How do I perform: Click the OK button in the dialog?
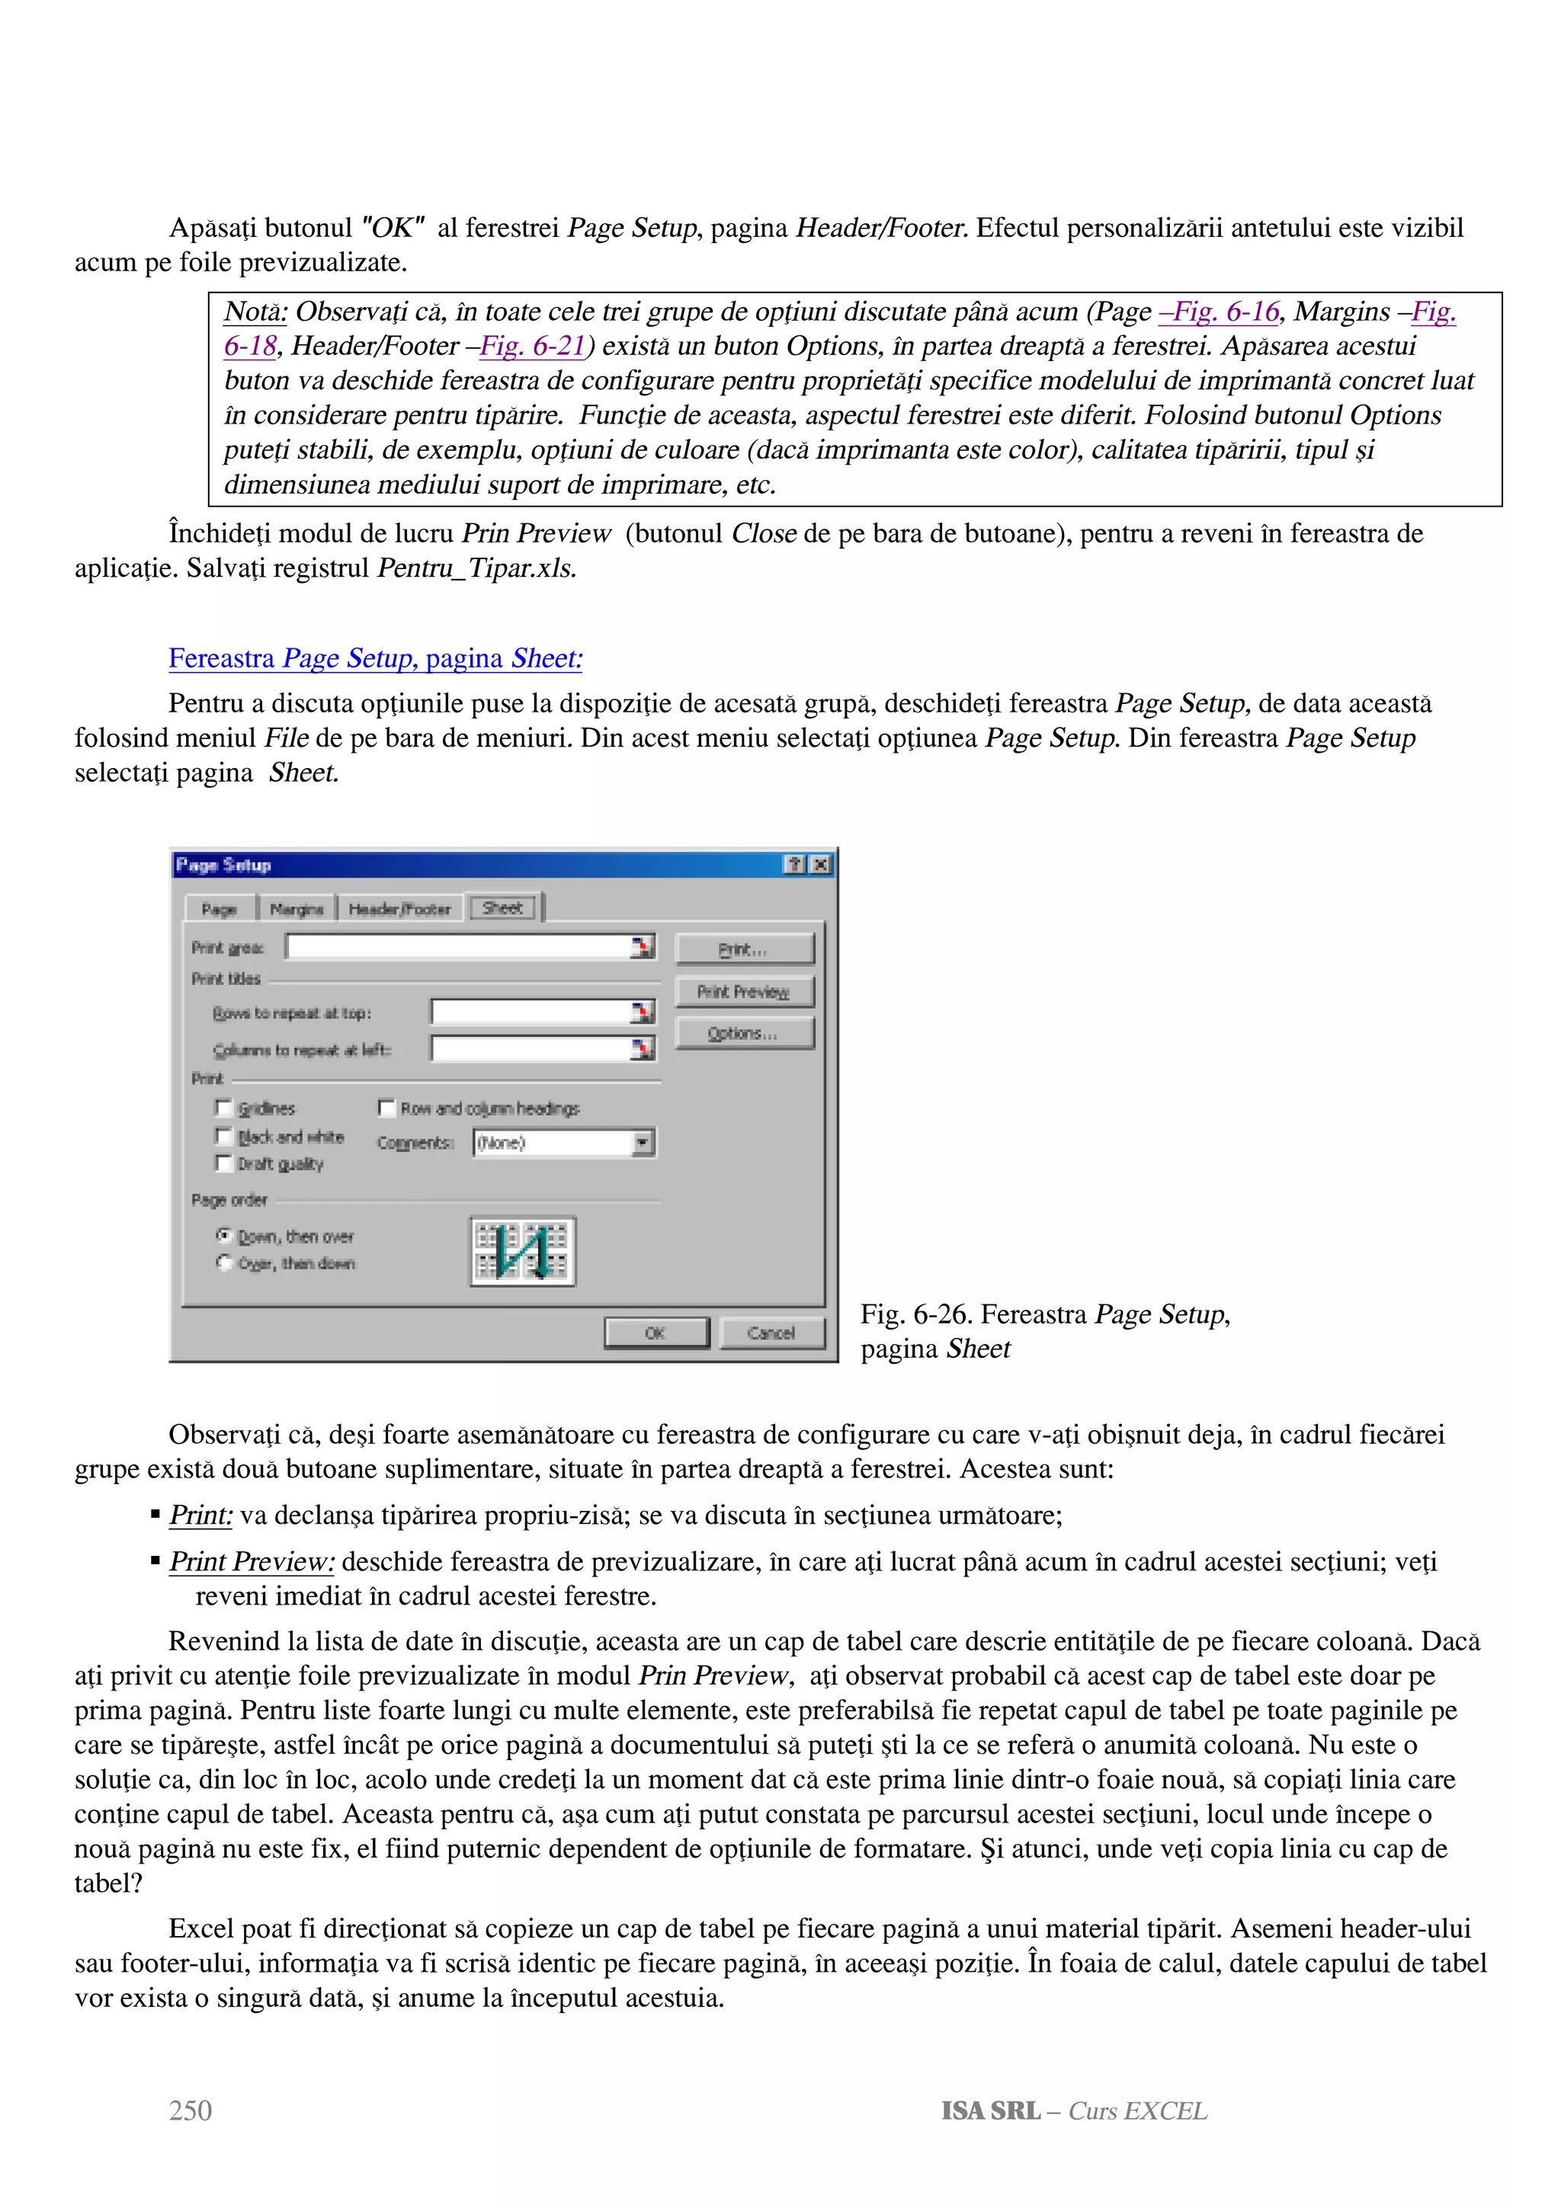coord(656,1333)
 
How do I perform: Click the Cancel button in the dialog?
coord(771,1333)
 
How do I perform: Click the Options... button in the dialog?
coord(743,1034)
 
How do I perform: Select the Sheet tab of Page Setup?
coord(502,908)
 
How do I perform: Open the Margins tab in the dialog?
coord(296,909)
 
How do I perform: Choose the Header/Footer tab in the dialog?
coord(399,909)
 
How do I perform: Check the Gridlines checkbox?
coord(224,1108)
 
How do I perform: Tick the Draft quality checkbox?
coord(224,1163)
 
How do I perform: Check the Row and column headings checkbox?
coord(386,1108)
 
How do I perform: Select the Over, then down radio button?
coord(224,1262)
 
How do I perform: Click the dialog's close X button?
coord(820,865)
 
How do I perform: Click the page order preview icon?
coord(522,1250)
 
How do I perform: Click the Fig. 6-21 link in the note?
coord(533,346)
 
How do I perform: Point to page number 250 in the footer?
coord(191,2110)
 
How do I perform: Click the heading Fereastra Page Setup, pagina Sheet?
coord(375,659)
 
